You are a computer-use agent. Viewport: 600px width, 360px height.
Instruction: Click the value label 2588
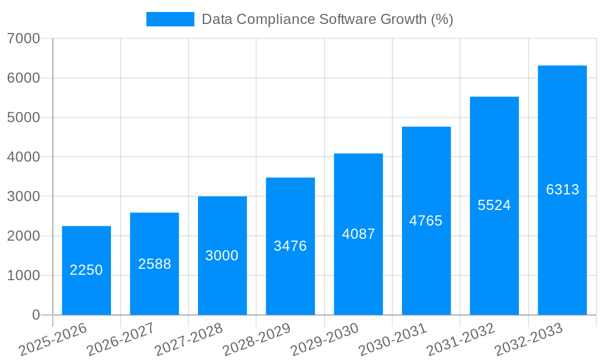[154, 264]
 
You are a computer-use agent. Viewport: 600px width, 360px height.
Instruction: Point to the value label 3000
[222, 256]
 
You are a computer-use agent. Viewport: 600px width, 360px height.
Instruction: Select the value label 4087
[358, 234]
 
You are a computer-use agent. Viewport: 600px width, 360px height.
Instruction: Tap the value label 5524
[494, 205]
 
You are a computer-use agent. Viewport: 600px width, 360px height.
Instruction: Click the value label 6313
[562, 190]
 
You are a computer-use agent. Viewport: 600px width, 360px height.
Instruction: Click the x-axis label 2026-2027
[121, 340]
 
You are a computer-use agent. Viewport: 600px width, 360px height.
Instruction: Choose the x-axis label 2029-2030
[325, 340]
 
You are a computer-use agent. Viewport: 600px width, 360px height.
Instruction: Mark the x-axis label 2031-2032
[461, 340]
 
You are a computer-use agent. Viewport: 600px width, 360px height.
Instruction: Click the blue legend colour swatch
[170, 19]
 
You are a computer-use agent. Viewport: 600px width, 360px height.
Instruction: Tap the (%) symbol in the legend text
[442, 19]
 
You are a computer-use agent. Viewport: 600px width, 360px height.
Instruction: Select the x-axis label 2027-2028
[188, 340]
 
